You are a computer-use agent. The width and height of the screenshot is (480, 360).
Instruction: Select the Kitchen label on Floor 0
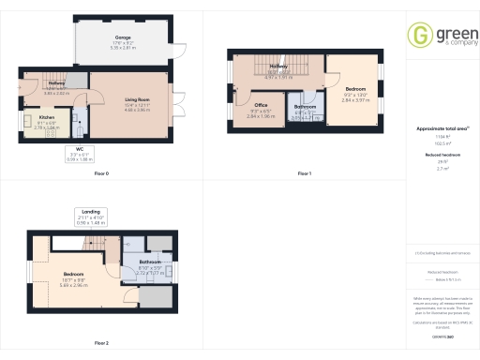pos(47,120)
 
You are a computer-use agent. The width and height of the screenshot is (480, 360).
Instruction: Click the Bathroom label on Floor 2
pos(151,264)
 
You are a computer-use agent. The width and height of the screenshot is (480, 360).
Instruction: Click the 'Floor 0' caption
pos(101,174)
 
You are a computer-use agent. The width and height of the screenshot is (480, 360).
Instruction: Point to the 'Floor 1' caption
pos(304,174)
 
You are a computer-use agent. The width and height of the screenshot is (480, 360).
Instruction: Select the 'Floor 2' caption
pos(101,343)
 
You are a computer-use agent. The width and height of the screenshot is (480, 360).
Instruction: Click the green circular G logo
pos(419,36)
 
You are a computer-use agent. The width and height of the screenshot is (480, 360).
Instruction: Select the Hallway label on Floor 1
pos(278,67)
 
